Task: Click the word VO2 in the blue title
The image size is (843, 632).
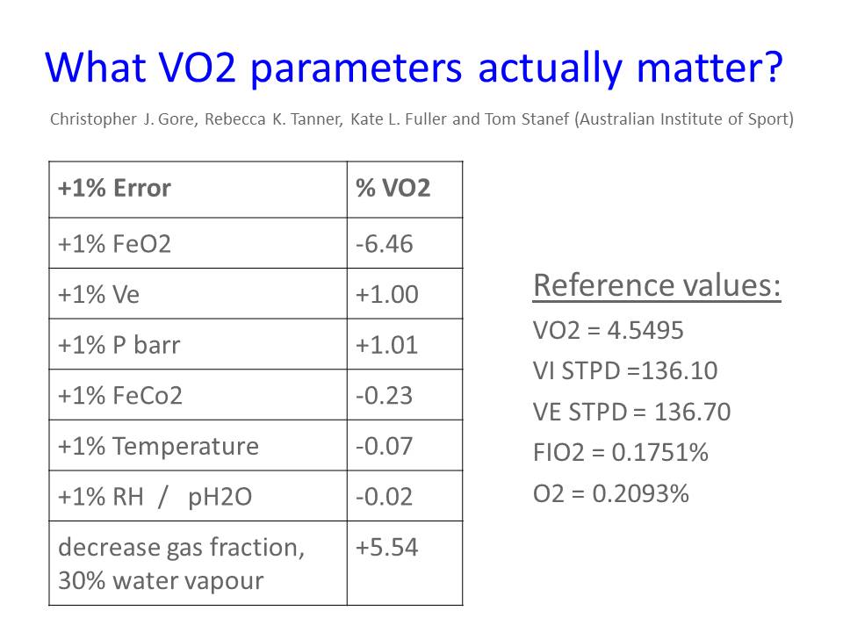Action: pyautogui.click(x=198, y=68)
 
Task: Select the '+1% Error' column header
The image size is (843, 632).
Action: pyautogui.click(x=114, y=188)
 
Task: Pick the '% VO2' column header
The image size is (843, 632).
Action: pyautogui.click(x=393, y=188)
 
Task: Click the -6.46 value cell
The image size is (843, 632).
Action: pyautogui.click(x=384, y=244)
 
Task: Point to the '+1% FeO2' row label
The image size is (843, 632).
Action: pyautogui.click(x=114, y=244)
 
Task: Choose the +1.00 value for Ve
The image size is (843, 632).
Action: pyautogui.click(x=386, y=295)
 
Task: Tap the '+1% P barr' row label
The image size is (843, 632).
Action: pyautogui.click(x=119, y=345)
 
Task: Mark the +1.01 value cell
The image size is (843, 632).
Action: pyautogui.click(x=386, y=345)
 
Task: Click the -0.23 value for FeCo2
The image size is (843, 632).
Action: pyautogui.click(x=384, y=396)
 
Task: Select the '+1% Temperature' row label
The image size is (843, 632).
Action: pyautogui.click(x=158, y=446)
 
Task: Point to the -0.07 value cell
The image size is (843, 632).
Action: pyautogui.click(x=384, y=446)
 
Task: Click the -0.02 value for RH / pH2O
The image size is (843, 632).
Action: pyautogui.click(x=384, y=497)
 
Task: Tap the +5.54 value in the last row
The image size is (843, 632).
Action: pyautogui.click(x=386, y=547)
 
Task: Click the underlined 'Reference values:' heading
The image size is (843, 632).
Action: pyautogui.click(x=657, y=285)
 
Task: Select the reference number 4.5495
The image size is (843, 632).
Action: pyautogui.click(x=645, y=330)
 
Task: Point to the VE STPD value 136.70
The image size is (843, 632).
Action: pyautogui.click(x=693, y=413)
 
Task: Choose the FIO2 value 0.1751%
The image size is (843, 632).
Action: pyautogui.click(x=659, y=453)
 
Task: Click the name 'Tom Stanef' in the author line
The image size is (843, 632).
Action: pyautogui.click(x=527, y=118)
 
